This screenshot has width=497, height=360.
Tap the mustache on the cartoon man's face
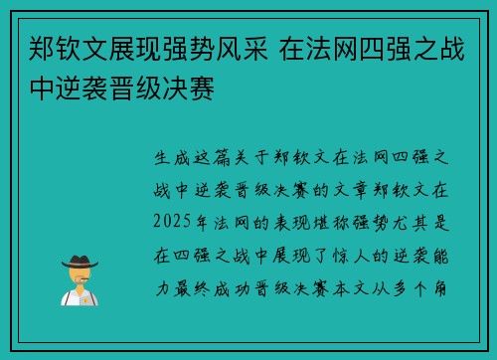pos(79,280)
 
